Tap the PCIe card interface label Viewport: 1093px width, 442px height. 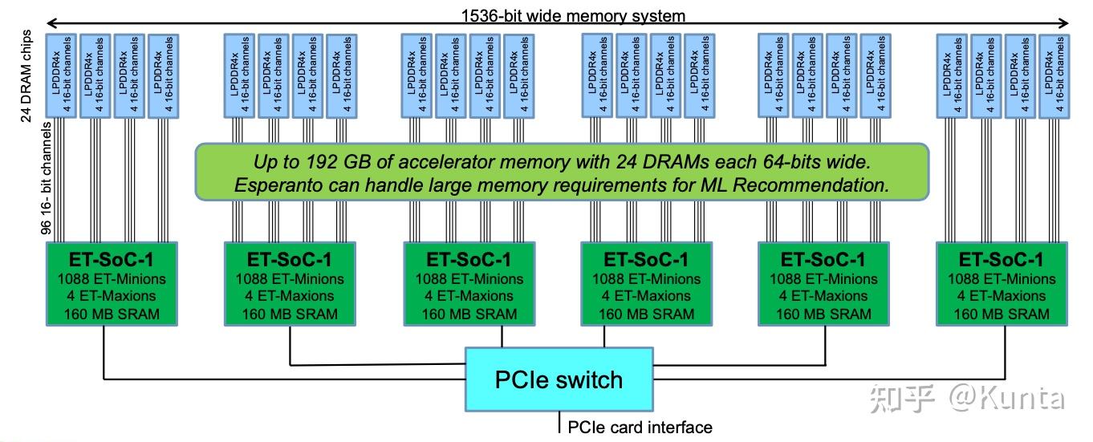point(640,427)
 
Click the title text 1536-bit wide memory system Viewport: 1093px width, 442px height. point(573,15)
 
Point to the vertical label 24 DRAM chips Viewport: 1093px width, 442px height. point(26,76)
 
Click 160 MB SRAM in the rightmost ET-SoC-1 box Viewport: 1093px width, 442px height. point(1001,314)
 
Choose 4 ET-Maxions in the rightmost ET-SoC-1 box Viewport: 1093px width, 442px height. point(1001,296)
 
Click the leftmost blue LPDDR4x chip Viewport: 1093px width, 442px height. point(60,75)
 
